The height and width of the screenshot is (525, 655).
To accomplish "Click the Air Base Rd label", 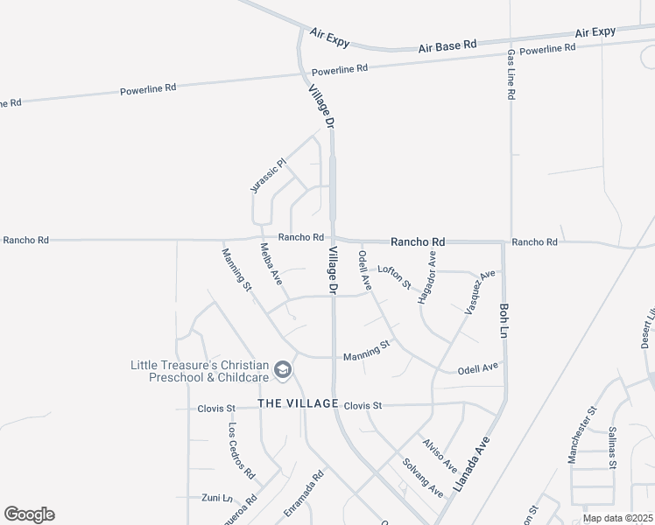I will coord(447,45).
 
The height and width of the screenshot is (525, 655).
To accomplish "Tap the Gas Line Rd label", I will coord(511,74).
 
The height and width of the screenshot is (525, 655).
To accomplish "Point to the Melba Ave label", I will coord(271,263).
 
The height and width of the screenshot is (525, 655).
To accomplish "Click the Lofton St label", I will coord(394,276).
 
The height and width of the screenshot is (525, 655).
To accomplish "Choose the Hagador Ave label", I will coord(426,277).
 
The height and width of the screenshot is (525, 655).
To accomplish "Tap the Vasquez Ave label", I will coord(480,291).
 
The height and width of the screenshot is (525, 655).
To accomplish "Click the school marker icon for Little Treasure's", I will coord(283,371).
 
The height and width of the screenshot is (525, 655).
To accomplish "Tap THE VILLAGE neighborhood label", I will coord(298,403).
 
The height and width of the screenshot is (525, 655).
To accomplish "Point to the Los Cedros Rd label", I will coord(241,451).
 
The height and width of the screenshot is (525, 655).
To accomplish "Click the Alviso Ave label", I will coord(440,456).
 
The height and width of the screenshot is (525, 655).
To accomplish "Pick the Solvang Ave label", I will coord(423,479).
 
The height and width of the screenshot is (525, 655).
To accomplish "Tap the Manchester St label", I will coord(581,434).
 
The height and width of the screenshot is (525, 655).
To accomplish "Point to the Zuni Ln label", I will coord(215,497).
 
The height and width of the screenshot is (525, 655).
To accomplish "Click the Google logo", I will coord(29,514).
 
